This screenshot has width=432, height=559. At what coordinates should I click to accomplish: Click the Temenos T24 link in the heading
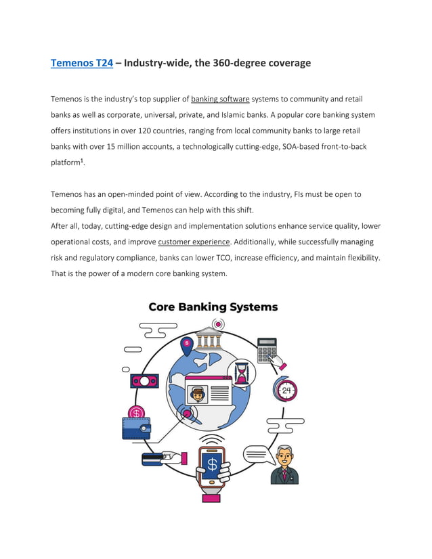[82, 63]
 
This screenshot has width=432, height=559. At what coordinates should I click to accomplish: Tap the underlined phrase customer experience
[194, 242]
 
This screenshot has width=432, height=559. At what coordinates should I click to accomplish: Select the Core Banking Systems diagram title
[213, 307]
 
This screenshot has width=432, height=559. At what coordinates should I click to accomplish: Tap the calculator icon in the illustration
[267, 350]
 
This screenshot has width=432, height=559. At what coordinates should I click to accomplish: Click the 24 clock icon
[286, 390]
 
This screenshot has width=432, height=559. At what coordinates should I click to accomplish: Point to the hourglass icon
[241, 372]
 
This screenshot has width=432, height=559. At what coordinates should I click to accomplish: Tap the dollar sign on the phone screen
[212, 465]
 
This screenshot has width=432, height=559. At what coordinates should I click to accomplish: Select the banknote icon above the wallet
[144, 381]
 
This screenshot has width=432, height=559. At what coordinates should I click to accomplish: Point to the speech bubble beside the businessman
[256, 453]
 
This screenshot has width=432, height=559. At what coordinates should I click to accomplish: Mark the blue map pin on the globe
[187, 346]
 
